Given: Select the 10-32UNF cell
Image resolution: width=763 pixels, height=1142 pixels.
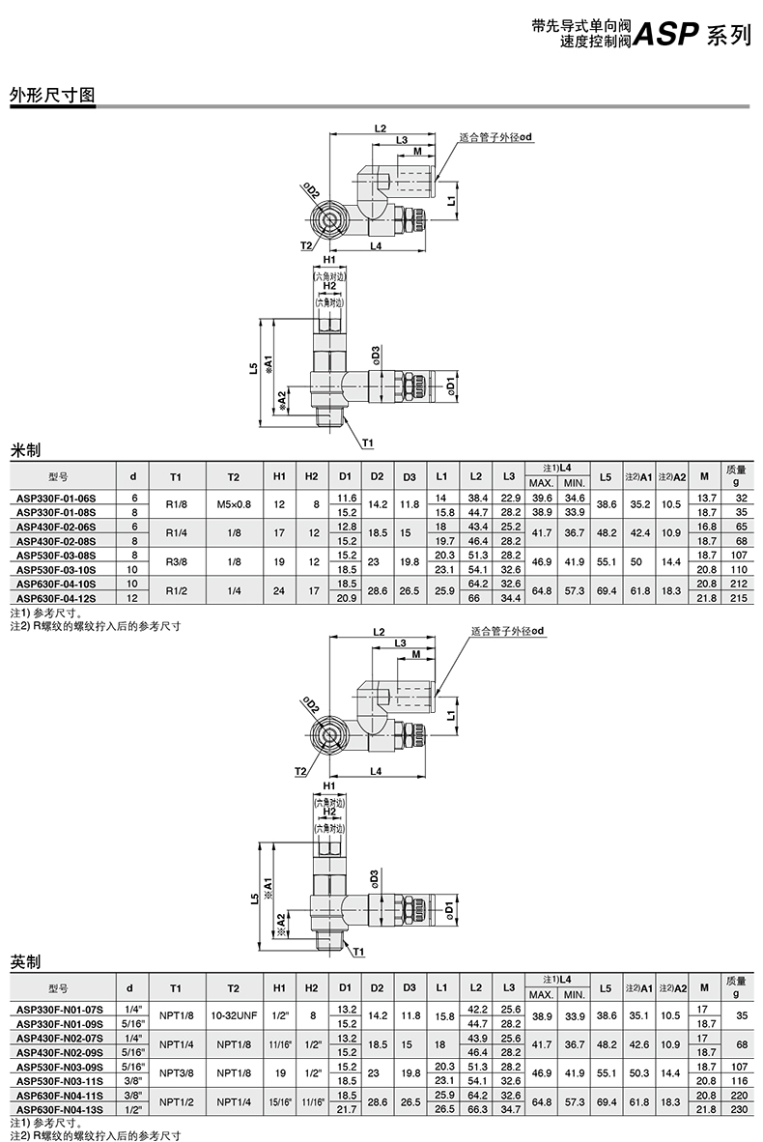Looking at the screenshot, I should point(233,1015).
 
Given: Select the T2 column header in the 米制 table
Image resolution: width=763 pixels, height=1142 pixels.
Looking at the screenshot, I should point(233,475).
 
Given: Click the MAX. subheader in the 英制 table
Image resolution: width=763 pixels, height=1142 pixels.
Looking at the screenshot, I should point(541,993).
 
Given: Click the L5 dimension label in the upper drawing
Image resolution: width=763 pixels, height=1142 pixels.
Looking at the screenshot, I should point(252,368).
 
